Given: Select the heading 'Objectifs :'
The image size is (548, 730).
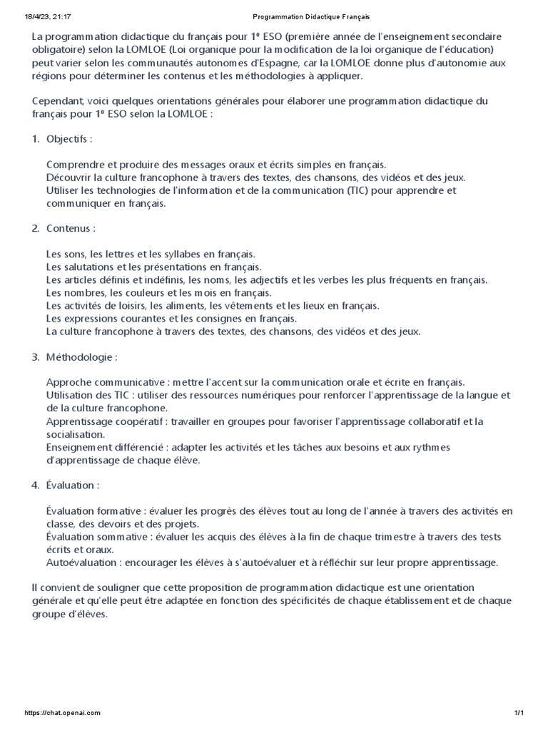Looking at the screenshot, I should pyautogui.click(x=69, y=138).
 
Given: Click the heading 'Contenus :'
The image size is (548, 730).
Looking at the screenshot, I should pyautogui.click(x=71, y=229).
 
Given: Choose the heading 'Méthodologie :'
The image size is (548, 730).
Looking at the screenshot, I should pyautogui.click(x=81, y=356).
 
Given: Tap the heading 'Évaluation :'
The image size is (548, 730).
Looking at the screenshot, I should pyautogui.click(x=73, y=485).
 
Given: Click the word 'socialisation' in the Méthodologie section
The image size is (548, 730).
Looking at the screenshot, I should pyautogui.click(x=75, y=434).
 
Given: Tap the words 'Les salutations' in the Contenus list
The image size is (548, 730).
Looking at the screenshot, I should pyautogui.click(x=80, y=267).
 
